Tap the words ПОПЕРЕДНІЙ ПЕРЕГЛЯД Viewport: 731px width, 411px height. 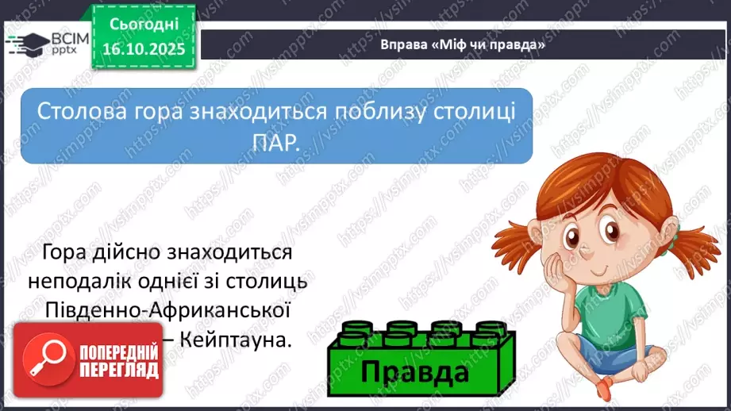coord(117,362)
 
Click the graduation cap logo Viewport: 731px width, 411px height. coord(29,44)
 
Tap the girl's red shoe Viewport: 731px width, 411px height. coord(605,389)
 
